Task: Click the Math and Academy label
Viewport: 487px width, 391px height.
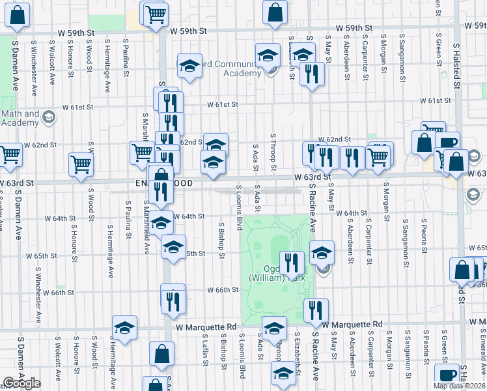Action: pos(20,119)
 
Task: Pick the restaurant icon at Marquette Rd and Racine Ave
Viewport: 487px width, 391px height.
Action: pos(316,310)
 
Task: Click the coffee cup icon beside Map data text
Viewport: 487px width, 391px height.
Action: pos(447,376)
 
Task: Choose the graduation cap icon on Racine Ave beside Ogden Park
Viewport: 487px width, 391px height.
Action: pos(322,252)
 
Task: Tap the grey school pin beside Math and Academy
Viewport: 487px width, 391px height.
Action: pos(48,117)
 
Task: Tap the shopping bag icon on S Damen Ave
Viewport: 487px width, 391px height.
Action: pos(19,16)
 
